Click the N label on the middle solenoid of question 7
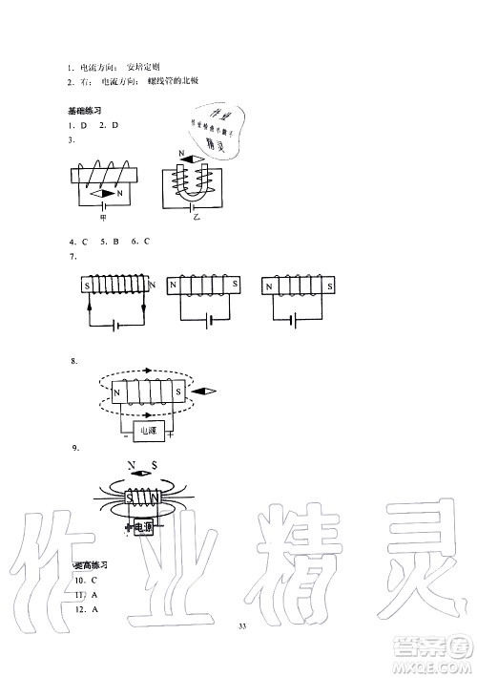(x=174, y=285)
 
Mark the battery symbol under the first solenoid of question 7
(x=115, y=324)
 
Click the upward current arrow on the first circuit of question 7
(x=90, y=308)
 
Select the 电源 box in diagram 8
(x=147, y=432)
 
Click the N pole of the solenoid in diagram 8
(x=117, y=392)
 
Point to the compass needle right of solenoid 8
(x=204, y=392)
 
